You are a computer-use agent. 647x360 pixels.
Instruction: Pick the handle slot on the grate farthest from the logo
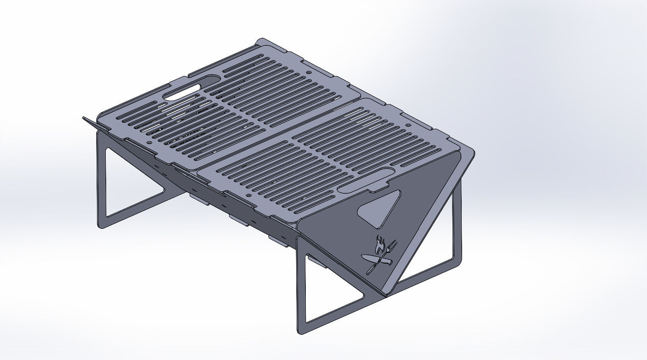coord(191,87)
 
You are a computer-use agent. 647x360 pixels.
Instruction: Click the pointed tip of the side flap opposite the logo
coord(84,118)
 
